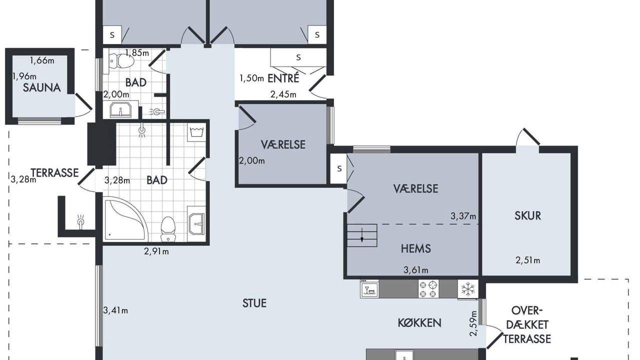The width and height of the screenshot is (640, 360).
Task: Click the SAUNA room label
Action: click(41, 87)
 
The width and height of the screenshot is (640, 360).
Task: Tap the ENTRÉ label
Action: click(283, 78)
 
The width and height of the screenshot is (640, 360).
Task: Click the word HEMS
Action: click(415, 248)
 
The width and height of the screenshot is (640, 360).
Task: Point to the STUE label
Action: click(254, 303)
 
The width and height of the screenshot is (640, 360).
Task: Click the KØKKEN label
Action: click(419, 323)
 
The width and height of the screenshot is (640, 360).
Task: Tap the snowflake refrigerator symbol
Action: click(467, 289)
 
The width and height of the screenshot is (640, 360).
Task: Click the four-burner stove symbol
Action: click(428, 289)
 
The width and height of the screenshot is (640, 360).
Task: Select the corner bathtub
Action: click(125, 219)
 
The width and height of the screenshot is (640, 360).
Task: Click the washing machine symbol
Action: click(196, 133)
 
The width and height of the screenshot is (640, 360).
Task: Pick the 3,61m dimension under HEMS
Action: click(415, 269)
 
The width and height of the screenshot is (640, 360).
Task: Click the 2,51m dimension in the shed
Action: click(527, 260)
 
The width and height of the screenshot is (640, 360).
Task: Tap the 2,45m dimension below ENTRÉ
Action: click(283, 94)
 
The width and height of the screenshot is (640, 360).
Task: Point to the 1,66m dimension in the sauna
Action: click(42, 60)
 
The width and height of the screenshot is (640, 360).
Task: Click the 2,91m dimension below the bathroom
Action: click(156, 251)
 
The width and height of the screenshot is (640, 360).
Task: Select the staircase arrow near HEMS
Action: click(362, 235)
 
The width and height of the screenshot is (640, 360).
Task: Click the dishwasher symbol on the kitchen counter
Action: click(369, 289)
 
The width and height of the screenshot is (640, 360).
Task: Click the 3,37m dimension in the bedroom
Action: click(463, 216)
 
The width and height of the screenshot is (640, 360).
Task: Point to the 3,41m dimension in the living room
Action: click(115, 310)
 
